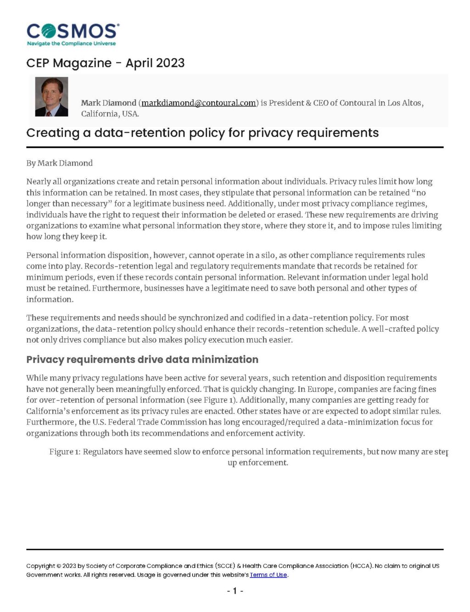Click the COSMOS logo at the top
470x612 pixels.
(x=73, y=31)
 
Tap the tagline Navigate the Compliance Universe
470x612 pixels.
(x=71, y=44)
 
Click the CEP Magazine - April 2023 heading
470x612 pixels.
(x=105, y=63)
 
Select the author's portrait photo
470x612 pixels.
(x=51, y=97)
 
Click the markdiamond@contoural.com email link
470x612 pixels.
(x=198, y=103)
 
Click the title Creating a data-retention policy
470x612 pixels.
(x=202, y=133)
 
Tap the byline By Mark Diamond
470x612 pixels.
(x=59, y=163)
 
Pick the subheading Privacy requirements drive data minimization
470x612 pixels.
(x=142, y=359)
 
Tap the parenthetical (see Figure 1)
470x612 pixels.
(x=212, y=400)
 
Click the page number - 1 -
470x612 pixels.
(x=235, y=591)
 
